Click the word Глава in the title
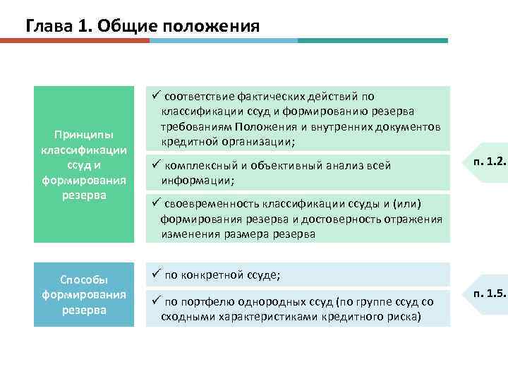pos(48,26)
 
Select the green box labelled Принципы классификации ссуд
pos(84,164)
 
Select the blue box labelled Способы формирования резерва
pos(84,294)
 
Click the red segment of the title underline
pos(74,41)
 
